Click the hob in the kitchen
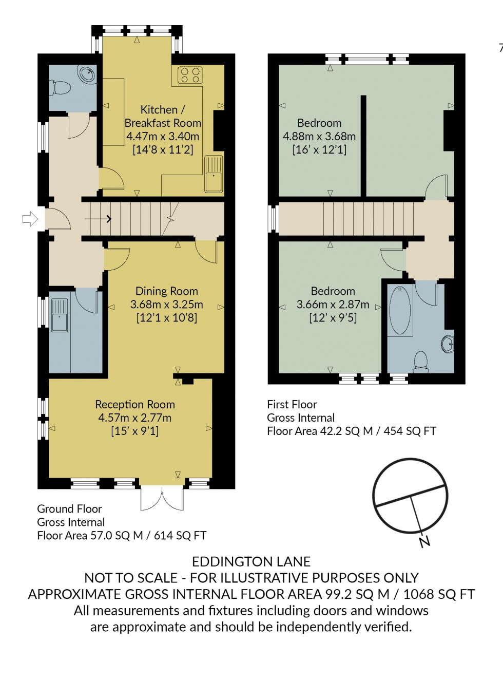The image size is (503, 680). pyautogui.click(x=189, y=75)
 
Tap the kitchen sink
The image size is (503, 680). pyautogui.click(x=214, y=174)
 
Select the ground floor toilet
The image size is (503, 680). pyautogui.click(x=61, y=88)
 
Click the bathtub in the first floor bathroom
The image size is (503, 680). pyautogui.click(x=400, y=311)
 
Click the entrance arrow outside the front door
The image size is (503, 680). pyautogui.click(x=30, y=219)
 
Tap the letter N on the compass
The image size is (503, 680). pyautogui.click(x=424, y=541)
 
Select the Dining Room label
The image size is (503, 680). pyautogui.click(x=166, y=291)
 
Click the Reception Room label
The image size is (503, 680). pyautogui.click(x=135, y=405)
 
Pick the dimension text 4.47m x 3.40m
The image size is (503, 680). pyautogui.click(x=163, y=137)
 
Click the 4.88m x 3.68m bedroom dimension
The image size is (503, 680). pyautogui.click(x=319, y=137)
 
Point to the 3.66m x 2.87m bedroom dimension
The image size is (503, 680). pyautogui.click(x=333, y=305)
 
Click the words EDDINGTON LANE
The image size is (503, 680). pyautogui.click(x=251, y=561)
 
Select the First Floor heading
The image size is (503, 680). pyautogui.click(x=292, y=405)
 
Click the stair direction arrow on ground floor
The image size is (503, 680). pyautogui.click(x=98, y=219)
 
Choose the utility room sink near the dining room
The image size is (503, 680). pyautogui.click(x=60, y=315)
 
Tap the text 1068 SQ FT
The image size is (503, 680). pyautogui.click(x=439, y=594)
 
